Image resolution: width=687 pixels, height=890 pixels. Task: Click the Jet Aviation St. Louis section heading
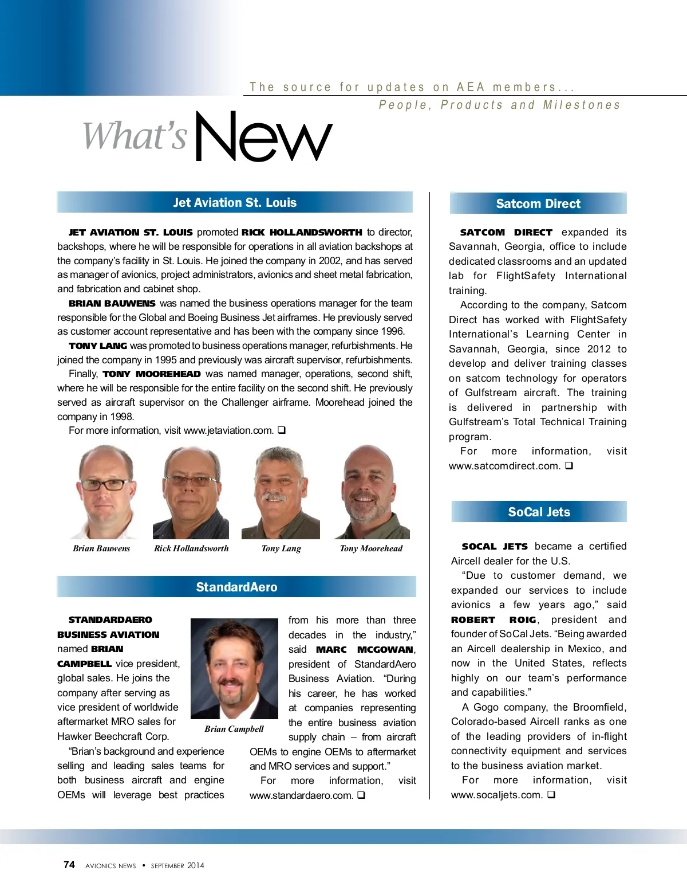coord(235,202)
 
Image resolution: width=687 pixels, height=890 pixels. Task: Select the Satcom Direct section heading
coord(538,203)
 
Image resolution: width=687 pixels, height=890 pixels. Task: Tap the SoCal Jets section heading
coord(539,512)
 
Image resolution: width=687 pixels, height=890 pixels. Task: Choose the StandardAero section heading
coord(236,587)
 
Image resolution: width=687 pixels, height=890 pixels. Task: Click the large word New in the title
coord(263,138)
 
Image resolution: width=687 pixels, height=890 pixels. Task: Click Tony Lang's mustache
coord(274,496)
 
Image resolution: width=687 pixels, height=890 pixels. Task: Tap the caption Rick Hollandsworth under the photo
coord(191,548)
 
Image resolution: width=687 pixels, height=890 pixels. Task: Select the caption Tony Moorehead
coord(371,548)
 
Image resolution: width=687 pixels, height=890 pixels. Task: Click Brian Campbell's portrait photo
coord(234,668)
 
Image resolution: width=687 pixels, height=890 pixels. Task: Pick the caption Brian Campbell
coord(234,729)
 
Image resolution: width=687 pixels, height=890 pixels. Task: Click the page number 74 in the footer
coord(69,865)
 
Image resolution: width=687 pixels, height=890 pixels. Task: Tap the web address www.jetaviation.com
coord(228,430)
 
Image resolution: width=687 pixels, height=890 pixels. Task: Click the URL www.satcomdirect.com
coord(504,466)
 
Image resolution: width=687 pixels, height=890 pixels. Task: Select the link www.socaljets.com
coord(496,795)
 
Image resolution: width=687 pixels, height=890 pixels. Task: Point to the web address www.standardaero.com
coord(301,795)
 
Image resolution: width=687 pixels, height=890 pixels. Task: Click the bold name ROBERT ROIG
coord(493,620)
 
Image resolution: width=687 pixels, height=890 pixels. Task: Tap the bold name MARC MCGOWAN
coord(365,649)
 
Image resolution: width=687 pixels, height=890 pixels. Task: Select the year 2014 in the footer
coord(195,865)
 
